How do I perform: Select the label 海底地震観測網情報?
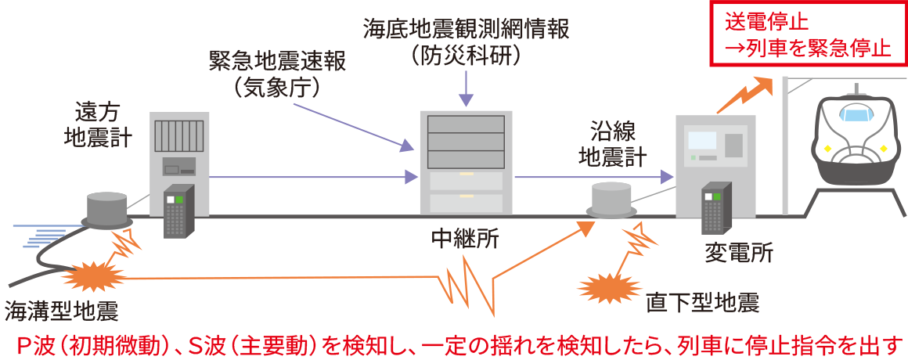coord(466,29)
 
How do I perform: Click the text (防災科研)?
coord(466,56)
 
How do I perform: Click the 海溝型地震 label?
coord(61,311)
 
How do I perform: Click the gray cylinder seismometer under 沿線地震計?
coord(611,200)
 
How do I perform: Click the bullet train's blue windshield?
coord(856,115)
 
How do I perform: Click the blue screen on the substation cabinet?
coord(701,140)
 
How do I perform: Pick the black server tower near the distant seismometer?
coord(178,210)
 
